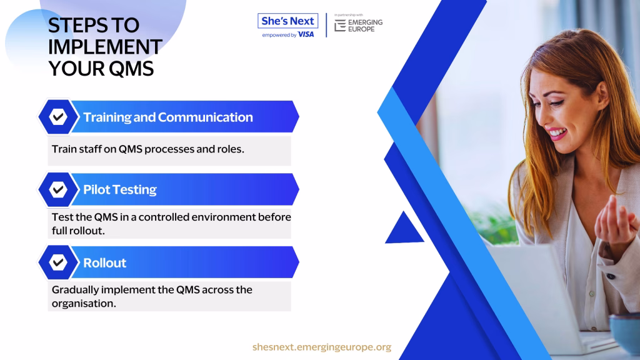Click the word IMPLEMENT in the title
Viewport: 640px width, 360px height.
[105, 46]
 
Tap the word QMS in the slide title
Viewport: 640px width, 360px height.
[131, 68]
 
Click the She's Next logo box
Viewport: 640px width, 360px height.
[287, 21]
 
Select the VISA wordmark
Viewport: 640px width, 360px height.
[306, 35]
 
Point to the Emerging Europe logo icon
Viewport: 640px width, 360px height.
[340, 25]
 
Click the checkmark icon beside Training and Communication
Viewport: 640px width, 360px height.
[58, 117]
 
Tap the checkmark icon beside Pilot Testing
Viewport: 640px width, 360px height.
[58, 189]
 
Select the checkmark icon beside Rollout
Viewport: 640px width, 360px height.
[58, 262]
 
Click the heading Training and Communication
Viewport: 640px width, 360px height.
[168, 117]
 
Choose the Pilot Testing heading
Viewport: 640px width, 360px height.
[120, 189]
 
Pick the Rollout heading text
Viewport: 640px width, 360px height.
[105, 263]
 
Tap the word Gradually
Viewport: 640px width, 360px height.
[75, 290]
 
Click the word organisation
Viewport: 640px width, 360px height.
[83, 303]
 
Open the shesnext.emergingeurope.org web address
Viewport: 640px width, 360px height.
[322, 347]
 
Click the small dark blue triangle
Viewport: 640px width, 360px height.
[404, 231]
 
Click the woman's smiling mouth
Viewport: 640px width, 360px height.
[557, 133]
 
